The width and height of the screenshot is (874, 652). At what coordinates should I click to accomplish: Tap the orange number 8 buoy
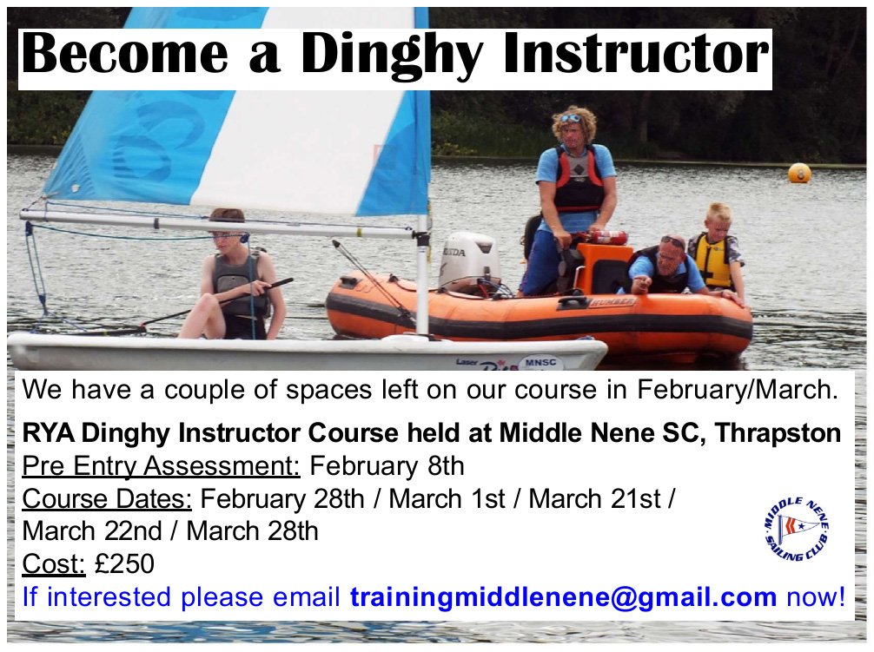799,173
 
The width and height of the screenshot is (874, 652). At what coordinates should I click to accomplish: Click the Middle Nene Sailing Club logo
796,529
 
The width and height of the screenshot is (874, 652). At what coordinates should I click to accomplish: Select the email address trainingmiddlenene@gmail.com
563,597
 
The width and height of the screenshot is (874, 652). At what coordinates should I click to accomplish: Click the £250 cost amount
124,563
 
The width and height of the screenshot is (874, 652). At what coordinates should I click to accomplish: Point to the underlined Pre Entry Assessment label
161,466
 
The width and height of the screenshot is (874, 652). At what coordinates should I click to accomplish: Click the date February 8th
387,465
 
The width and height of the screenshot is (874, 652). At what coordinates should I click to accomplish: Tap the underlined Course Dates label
107,499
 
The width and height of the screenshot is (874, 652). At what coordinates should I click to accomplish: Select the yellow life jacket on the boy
711,260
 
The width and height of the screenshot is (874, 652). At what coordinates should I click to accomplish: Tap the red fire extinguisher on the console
609,237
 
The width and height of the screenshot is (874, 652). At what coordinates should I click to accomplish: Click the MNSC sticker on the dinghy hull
540,363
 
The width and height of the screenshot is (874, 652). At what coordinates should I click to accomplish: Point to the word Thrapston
778,433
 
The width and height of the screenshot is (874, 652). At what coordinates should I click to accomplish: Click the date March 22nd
92,531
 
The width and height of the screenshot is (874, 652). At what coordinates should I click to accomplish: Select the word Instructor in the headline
636,54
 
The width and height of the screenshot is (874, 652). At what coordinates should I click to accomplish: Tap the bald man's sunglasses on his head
672,241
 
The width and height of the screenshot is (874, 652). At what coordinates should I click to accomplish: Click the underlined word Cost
54,563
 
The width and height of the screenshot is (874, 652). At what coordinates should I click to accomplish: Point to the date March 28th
253,531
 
